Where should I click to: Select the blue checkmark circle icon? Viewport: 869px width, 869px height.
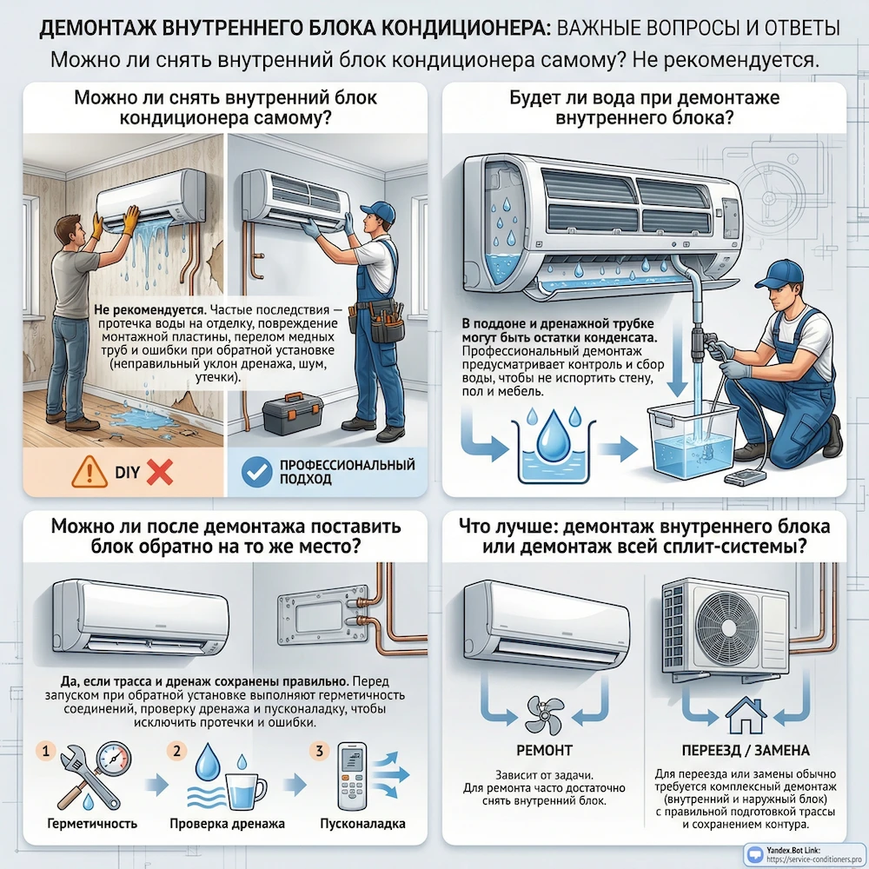click(x=254, y=471)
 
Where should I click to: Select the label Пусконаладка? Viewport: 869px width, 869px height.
click(x=362, y=823)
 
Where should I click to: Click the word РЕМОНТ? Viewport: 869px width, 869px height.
click(x=545, y=750)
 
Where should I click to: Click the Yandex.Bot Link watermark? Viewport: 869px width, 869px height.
click(x=795, y=853)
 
